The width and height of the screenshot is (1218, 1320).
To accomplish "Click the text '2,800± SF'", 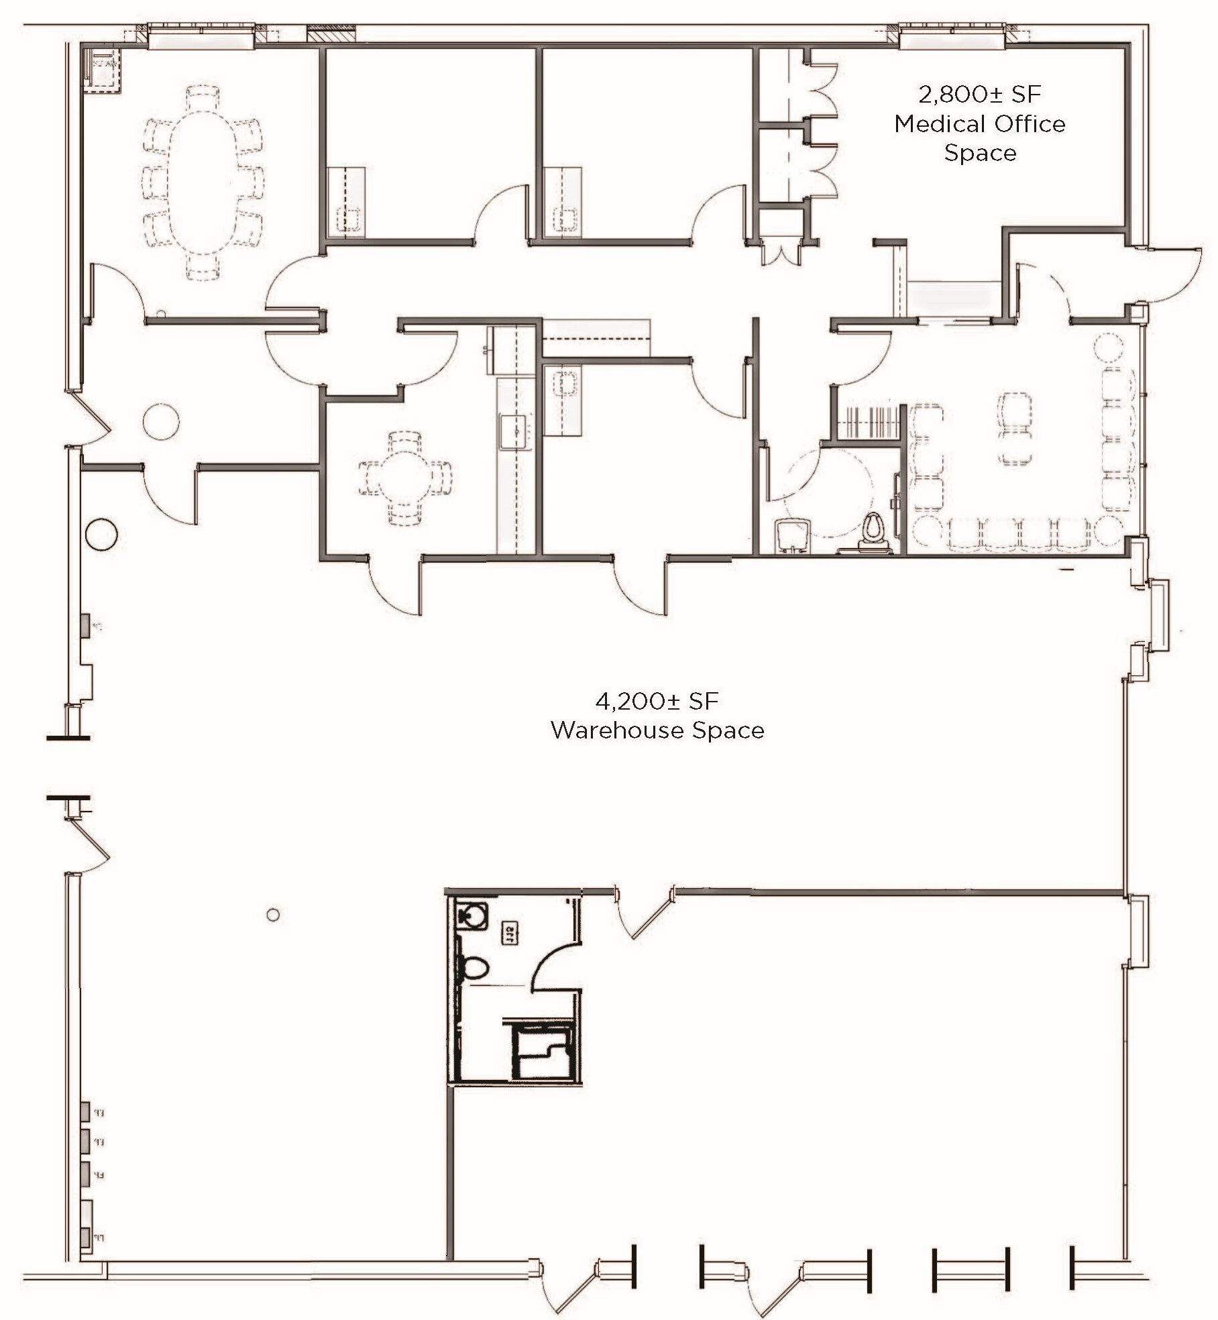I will pyautogui.click(x=979, y=95).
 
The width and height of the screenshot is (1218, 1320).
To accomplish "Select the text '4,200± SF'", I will pyautogui.click(x=657, y=702).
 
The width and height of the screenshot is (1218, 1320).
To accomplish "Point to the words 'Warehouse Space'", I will pyautogui.click(x=657, y=730).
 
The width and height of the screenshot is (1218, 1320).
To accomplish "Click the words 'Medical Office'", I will pyautogui.click(x=979, y=124).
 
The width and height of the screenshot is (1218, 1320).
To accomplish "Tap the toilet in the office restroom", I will pyautogui.click(x=873, y=528).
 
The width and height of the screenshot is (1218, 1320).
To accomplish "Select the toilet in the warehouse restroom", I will pyautogui.click(x=475, y=968).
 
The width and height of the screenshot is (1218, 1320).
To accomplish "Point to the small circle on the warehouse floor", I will pyautogui.click(x=272, y=915).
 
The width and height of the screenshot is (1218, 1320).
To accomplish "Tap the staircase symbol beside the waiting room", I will pyautogui.click(x=868, y=422).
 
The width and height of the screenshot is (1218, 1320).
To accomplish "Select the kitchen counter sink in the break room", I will pyautogui.click(x=516, y=431).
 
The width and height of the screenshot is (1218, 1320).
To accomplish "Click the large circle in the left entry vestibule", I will pyautogui.click(x=161, y=421).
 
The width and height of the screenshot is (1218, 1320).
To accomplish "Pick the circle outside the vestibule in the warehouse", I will pyautogui.click(x=102, y=535).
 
